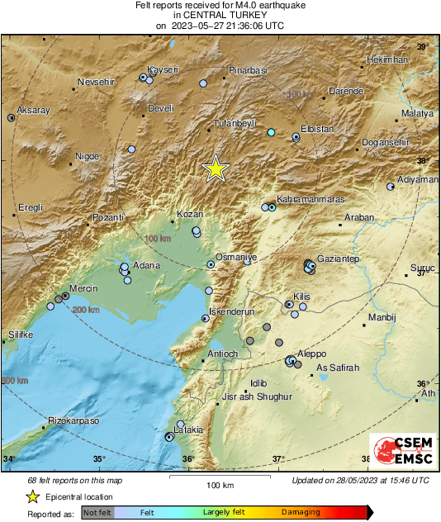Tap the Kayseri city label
point(163,69)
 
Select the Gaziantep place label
point(339,259)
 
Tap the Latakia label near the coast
point(188,429)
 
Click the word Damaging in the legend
point(300,512)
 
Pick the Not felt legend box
point(97,512)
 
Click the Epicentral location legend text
point(80,496)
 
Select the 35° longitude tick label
point(99,459)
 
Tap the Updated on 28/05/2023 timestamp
point(360,480)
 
